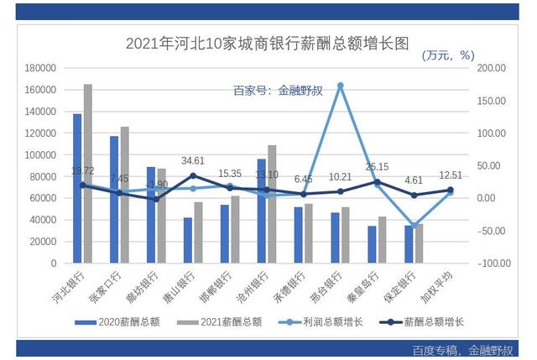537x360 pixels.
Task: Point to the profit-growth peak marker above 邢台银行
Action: tap(340, 86)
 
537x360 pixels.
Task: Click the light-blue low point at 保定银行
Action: tap(414, 226)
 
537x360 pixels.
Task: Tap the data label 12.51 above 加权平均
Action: tap(451, 175)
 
